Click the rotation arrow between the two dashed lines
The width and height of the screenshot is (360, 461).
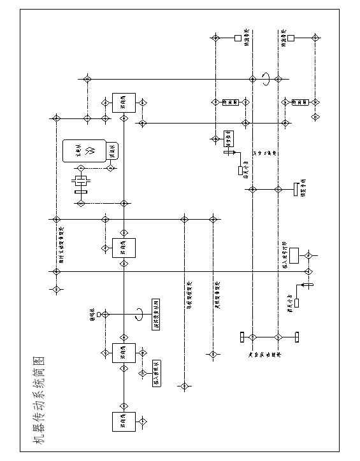[x=265, y=78]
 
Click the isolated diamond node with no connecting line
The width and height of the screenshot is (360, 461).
[x=315, y=117]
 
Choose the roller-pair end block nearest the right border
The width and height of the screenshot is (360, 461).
[x=297, y=337]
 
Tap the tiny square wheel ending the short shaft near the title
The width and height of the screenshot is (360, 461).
[x=99, y=315]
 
